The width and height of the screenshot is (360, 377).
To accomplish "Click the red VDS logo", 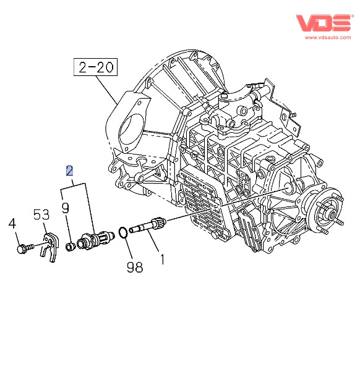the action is (323, 23).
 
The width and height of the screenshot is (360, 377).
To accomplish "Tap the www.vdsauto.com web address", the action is (328, 38).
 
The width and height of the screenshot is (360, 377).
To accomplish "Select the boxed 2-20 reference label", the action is (95, 67).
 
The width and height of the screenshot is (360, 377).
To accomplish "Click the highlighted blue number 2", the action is (69, 171).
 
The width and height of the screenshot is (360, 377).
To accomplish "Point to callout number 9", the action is (65, 208).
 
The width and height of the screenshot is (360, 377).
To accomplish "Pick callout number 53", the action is (41, 214).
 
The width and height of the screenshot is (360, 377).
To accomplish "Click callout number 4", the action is (12, 223).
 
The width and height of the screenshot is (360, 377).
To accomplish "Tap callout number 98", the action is (135, 267).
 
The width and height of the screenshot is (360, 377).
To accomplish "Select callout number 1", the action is (163, 259).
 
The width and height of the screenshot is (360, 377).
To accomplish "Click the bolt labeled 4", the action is (25, 248).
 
